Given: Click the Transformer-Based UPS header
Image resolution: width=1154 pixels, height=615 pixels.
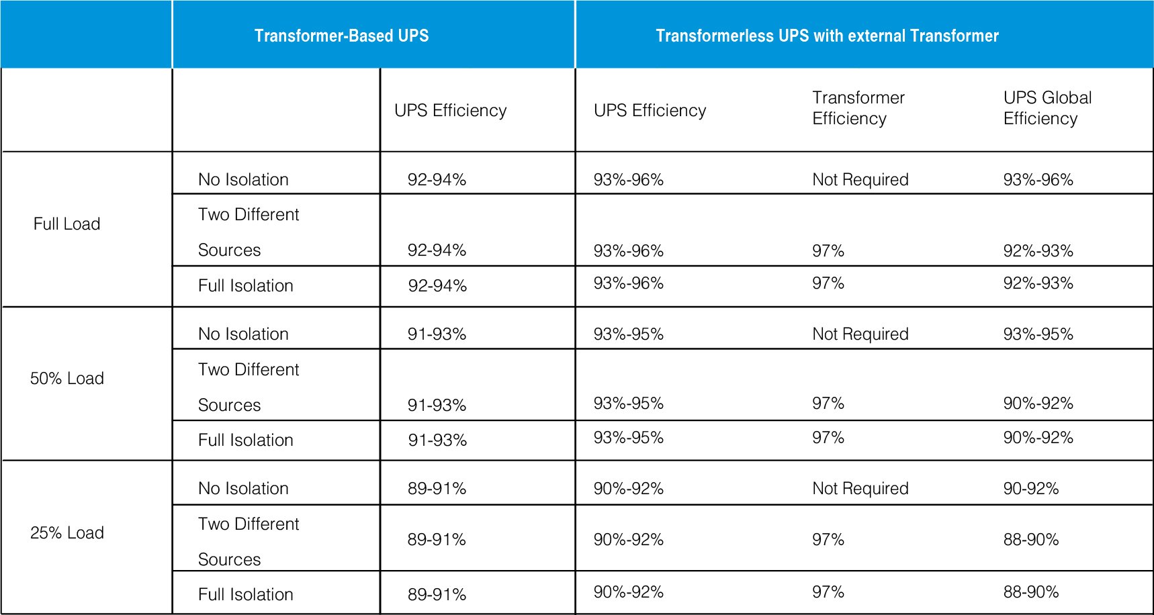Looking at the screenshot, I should (341, 36).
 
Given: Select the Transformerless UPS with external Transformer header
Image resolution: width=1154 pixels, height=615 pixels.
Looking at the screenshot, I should (827, 36).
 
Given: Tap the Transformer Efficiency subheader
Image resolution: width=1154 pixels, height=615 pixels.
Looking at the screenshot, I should (858, 108).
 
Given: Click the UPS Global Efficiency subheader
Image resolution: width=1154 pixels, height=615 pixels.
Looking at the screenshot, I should (1047, 108).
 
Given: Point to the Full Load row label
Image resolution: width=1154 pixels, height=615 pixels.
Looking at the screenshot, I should (66, 224).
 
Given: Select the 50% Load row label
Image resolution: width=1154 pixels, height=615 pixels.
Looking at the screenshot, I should (66, 379).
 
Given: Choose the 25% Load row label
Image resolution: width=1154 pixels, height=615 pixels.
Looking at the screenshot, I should (66, 533).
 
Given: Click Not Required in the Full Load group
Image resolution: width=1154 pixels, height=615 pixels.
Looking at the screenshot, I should (860, 180).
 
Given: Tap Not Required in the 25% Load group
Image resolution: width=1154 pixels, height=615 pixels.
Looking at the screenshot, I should (860, 489).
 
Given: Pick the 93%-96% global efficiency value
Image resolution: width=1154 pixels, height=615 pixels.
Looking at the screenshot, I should (1038, 180).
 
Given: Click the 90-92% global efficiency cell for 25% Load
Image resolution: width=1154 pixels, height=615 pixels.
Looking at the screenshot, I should (1030, 489).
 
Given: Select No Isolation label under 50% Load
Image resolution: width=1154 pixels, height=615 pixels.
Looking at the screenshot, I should (243, 334).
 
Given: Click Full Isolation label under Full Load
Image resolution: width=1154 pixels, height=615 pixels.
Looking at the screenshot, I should (245, 286).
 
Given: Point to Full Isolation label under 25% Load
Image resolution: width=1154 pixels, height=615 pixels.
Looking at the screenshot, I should (245, 595).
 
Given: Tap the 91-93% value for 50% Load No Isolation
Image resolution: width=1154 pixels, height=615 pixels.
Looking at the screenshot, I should (437, 334).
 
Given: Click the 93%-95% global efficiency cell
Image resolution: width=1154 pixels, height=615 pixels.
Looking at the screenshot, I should (1038, 334).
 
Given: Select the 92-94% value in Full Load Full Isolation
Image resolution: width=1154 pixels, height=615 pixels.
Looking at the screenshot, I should (437, 286).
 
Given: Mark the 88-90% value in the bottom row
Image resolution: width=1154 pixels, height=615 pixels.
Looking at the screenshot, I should (1030, 592).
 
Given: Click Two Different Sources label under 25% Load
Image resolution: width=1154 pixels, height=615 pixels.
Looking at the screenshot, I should (249, 541).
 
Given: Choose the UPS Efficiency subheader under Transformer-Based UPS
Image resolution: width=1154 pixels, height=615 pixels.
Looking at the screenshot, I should (450, 111).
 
